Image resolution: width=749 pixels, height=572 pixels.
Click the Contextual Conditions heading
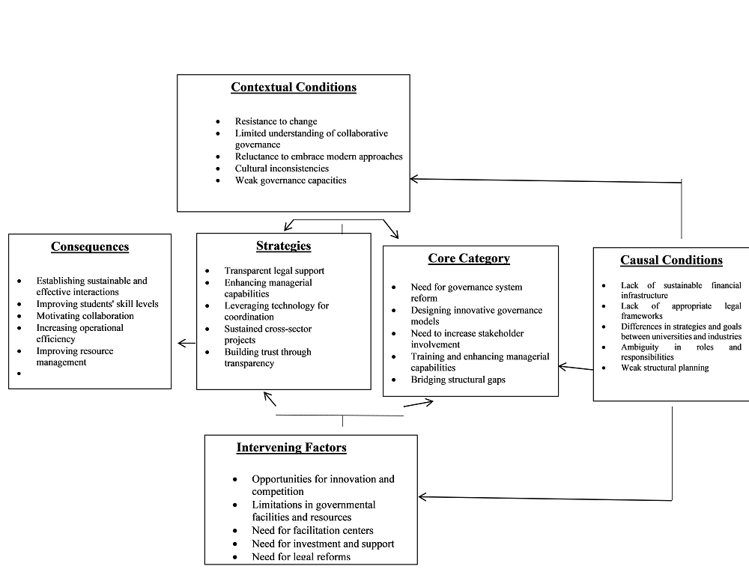[x=294, y=88]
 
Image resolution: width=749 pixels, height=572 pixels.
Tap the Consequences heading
[x=90, y=247]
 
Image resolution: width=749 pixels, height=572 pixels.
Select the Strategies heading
[x=283, y=246]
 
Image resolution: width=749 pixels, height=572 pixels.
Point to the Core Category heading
[x=469, y=258]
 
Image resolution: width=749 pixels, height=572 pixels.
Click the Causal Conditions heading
[x=671, y=261]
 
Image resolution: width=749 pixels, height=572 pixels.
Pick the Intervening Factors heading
[x=291, y=448]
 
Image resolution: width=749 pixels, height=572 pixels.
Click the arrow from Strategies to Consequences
[x=187, y=344]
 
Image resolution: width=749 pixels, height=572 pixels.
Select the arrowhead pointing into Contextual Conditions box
[x=414, y=179]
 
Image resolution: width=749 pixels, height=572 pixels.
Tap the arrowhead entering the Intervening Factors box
[x=422, y=498]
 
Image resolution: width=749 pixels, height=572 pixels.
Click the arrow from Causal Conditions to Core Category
[x=576, y=368]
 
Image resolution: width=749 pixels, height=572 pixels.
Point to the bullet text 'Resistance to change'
[x=276, y=122]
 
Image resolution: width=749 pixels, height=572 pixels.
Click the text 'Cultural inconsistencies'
[x=282, y=168]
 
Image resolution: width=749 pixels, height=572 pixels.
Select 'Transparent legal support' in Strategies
[x=274, y=271]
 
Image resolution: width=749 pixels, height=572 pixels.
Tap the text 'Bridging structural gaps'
[x=458, y=380]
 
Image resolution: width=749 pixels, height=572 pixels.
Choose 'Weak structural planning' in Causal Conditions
[x=665, y=368]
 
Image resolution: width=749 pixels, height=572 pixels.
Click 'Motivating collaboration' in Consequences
[x=85, y=316]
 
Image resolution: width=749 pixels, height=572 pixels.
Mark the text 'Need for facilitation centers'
[x=312, y=531]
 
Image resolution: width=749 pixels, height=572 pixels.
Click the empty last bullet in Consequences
[x=19, y=374]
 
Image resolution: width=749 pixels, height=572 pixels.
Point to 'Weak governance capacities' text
[x=291, y=180]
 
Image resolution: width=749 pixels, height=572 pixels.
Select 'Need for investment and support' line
[x=323, y=544]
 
